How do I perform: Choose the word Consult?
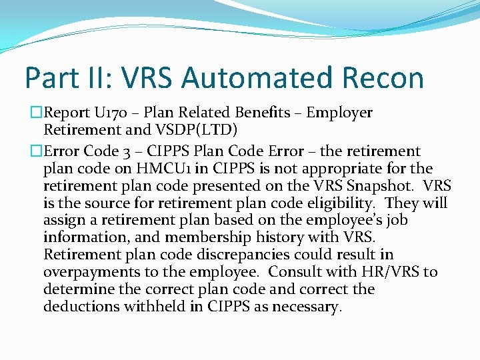click(x=301, y=272)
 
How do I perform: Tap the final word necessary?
click(x=308, y=307)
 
